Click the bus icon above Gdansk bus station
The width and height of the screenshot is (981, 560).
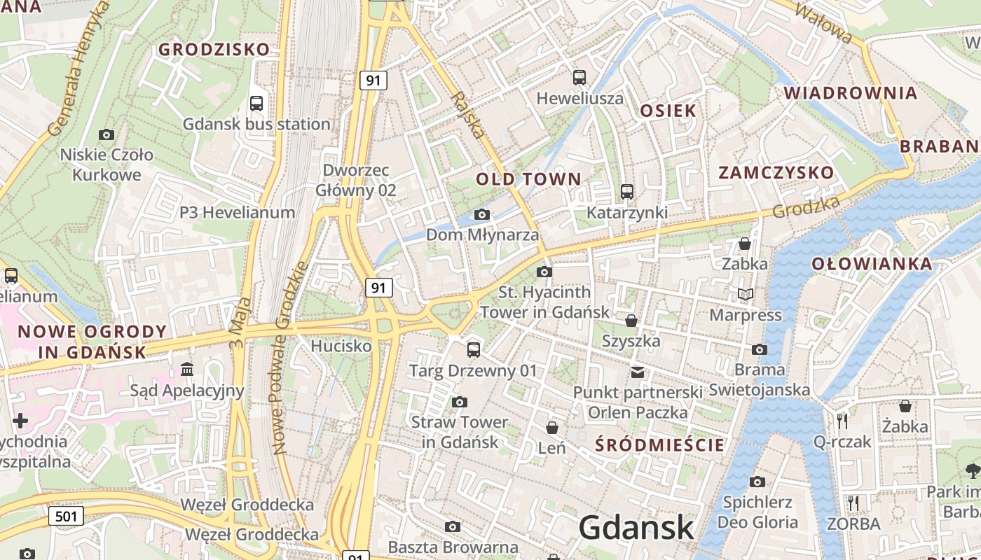click(256, 104)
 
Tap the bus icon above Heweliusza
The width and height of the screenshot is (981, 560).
click(579, 78)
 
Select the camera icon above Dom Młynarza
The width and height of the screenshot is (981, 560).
click(482, 214)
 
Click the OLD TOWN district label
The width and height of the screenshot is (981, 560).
click(529, 179)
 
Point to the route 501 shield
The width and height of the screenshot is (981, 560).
click(66, 517)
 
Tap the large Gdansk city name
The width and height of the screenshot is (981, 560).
click(636, 528)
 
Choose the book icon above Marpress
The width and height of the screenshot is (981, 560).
click(746, 295)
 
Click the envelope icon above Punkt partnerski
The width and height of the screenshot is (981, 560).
click(637, 372)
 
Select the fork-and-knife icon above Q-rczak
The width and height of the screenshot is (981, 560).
click(842, 421)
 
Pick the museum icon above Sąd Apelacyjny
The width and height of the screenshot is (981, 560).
click(187, 369)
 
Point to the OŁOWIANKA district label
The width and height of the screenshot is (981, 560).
click(872, 264)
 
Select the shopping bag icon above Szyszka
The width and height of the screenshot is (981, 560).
click(631, 321)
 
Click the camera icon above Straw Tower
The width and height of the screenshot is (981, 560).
click(460, 402)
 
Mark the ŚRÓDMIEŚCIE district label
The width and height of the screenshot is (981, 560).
click(659, 444)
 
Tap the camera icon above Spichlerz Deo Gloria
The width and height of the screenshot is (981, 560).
click(757, 482)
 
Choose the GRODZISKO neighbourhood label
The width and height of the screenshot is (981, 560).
click(214, 50)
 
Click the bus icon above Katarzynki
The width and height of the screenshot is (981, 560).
click(627, 192)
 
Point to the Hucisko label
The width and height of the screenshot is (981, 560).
click(341, 346)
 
